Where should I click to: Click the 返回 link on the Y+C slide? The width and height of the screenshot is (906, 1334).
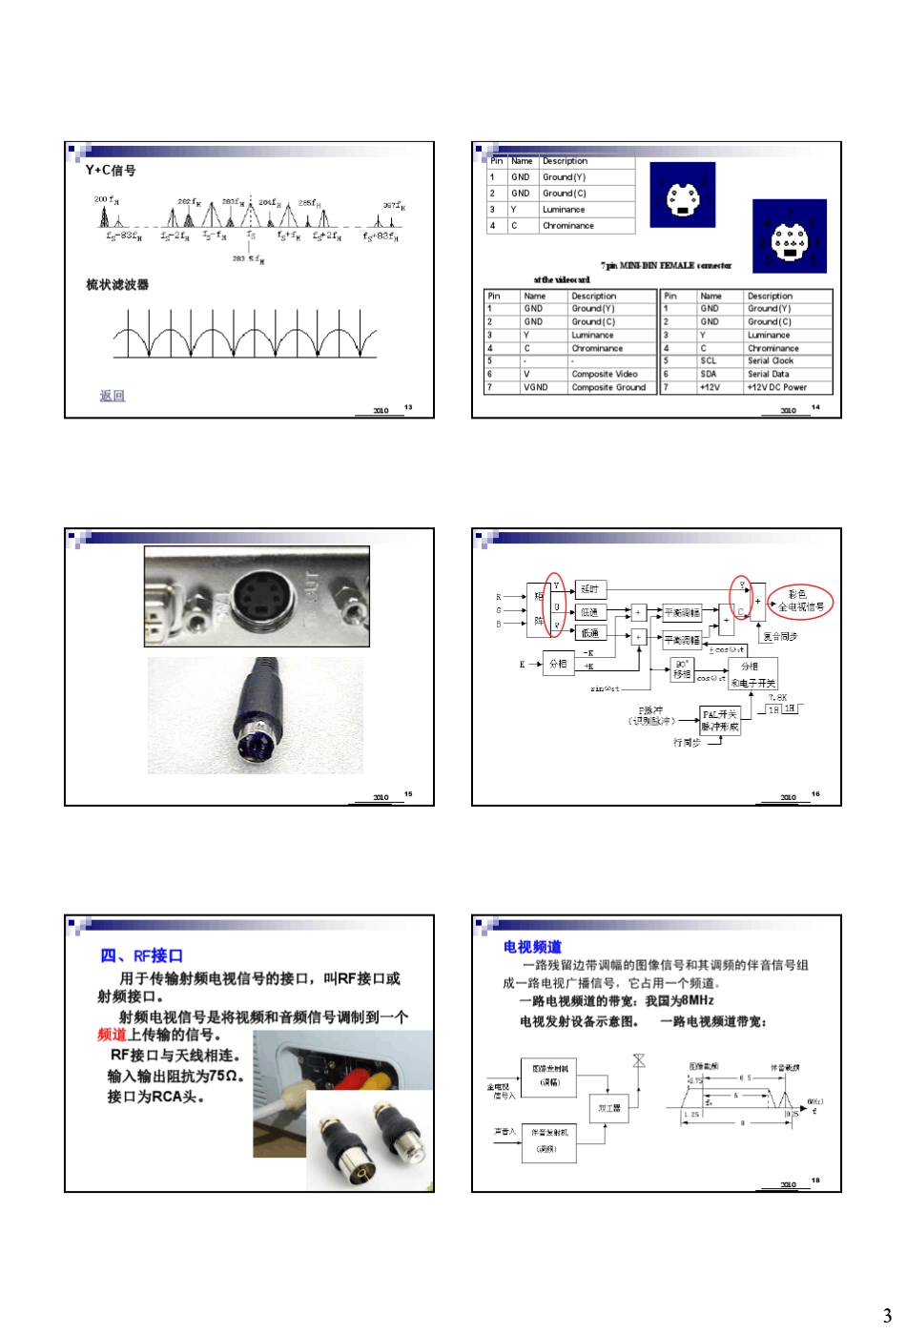(113, 396)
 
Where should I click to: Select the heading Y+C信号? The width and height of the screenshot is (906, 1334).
(111, 171)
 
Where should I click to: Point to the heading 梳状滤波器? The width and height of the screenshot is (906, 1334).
(117, 284)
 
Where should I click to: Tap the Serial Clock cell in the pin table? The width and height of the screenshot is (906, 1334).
(770, 361)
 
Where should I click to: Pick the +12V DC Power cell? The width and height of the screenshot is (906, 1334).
(776, 388)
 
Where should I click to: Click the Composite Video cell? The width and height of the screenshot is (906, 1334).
(605, 375)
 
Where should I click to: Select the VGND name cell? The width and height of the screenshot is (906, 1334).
(536, 388)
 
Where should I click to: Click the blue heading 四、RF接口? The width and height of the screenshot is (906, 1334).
(141, 955)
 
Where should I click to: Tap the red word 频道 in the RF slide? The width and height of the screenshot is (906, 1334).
(112, 1036)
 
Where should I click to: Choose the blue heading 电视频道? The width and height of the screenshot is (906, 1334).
(532, 947)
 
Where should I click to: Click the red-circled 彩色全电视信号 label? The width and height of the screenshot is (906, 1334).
(801, 601)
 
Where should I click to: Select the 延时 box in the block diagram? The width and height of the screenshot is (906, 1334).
(590, 589)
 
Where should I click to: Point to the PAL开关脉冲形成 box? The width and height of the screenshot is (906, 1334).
(720, 720)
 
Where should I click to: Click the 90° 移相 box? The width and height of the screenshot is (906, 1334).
(682, 668)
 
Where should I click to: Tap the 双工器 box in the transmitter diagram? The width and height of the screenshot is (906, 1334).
(608, 1108)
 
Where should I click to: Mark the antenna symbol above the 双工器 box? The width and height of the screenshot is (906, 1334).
(639, 1061)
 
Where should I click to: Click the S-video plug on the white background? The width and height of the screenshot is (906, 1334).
(255, 716)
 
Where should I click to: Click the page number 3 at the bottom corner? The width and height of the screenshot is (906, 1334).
(886, 1315)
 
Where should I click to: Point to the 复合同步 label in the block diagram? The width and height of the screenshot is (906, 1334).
(780, 636)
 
